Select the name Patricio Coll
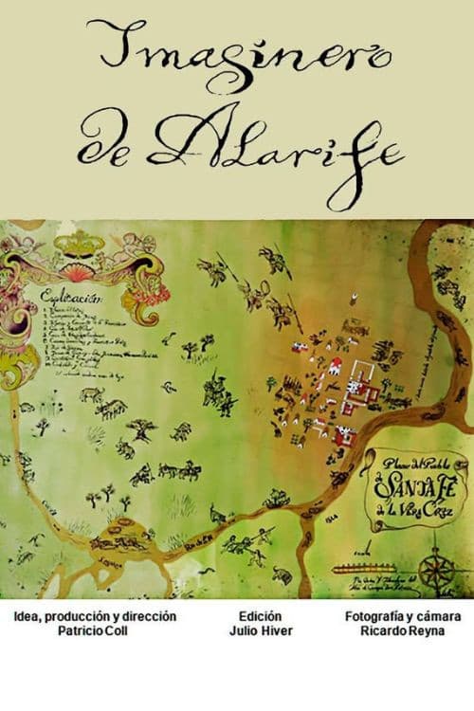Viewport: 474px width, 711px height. tap(95, 629)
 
